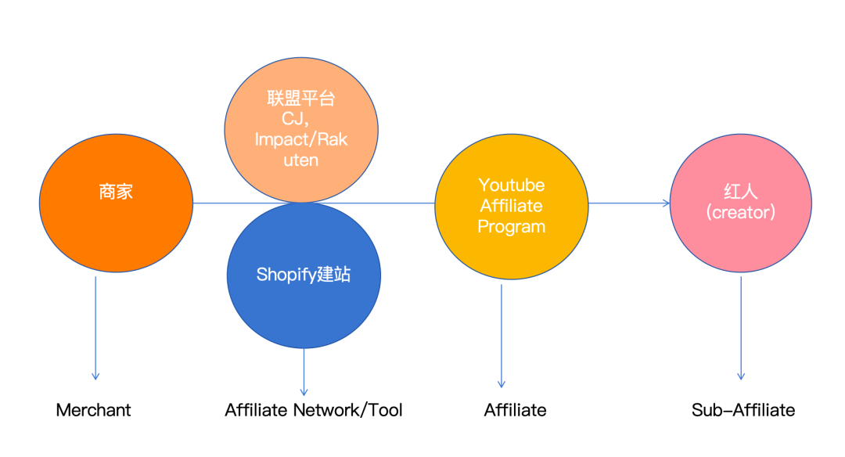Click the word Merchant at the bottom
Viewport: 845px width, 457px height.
93,410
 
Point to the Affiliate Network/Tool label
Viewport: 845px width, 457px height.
314,410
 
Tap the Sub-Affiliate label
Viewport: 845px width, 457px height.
743,410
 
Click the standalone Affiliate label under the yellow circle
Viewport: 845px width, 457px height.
515,410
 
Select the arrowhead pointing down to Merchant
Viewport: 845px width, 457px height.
95,376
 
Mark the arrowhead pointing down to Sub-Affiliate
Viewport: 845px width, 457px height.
741,376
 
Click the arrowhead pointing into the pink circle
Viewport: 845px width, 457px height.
666,203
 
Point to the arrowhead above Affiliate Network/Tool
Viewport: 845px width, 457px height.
304,390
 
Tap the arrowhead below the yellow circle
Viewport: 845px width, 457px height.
501,383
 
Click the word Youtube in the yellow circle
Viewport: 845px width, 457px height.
512,185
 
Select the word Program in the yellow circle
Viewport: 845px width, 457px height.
512,227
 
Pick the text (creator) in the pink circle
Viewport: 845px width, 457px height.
740,212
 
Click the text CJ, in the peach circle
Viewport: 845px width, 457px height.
300,119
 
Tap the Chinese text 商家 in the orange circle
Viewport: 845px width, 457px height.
116,192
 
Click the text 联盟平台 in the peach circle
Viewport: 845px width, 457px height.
300,99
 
